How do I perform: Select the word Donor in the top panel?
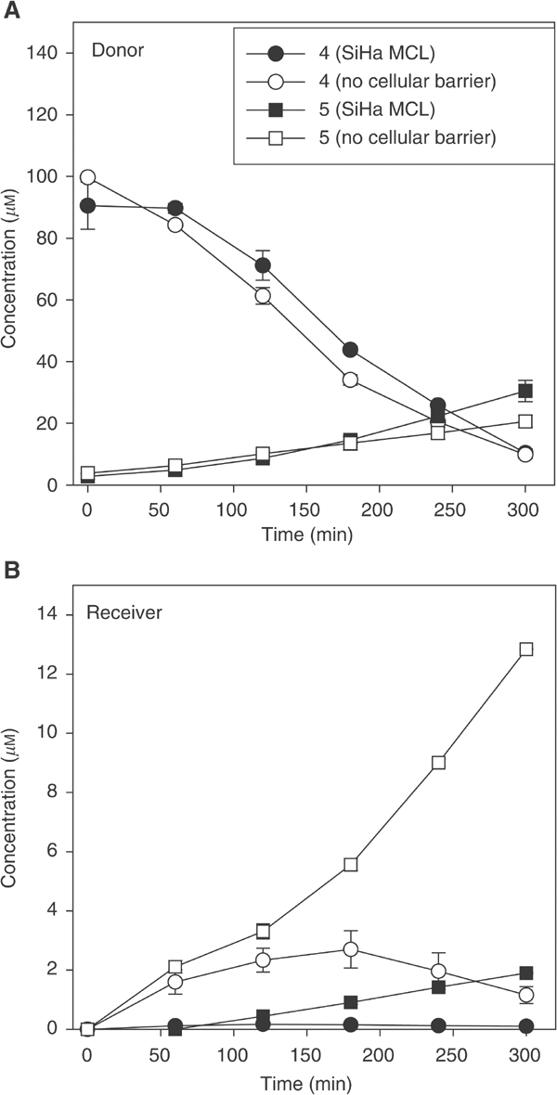[x=112, y=50]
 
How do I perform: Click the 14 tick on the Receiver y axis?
[x=52, y=614]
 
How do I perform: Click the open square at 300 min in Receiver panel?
[x=525, y=650]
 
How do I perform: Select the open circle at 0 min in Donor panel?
[x=88, y=177]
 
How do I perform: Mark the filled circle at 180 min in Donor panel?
[x=350, y=350]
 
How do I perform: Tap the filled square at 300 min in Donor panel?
[x=525, y=391]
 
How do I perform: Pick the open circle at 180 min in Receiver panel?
[x=350, y=949]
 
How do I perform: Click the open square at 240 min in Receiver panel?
[x=438, y=763]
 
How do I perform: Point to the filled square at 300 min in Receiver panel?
[x=525, y=973]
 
